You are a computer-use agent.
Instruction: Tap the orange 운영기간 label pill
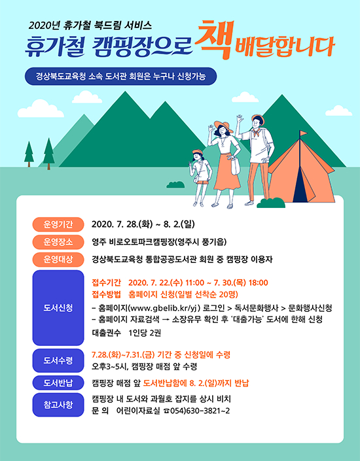pyautogui.click(x=58, y=225)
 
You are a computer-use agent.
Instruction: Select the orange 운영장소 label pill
pyautogui.click(x=58, y=242)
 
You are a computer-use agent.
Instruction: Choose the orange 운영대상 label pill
pyautogui.click(x=58, y=260)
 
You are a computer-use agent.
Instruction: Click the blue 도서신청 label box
pyautogui.click(x=58, y=308)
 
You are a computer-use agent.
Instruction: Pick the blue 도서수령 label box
pyautogui.click(x=58, y=360)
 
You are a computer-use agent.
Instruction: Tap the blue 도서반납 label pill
pyautogui.click(x=58, y=383)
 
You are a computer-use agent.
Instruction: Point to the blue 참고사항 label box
pyautogui.click(x=58, y=405)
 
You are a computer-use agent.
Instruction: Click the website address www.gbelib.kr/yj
pyautogui.click(x=163, y=308)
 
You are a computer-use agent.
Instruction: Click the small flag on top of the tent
pyautogui.click(x=303, y=134)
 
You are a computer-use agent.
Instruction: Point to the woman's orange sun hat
pyautogui.click(x=223, y=126)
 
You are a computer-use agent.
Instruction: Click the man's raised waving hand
pyautogui.click(x=240, y=120)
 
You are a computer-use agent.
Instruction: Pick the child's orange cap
pyautogui.click(x=198, y=152)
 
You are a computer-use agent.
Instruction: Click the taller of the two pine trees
pyautogui.click(x=48, y=154)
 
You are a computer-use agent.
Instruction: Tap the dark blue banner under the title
pyautogui.click(x=120, y=77)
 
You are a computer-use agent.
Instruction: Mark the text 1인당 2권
pyautogui.click(x=145, y=333)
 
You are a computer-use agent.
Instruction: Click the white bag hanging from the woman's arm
pyautogui.click(x=234, y=166)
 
